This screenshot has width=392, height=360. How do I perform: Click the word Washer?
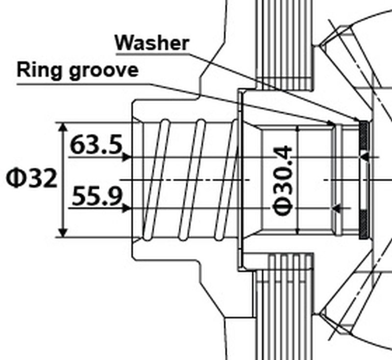click(x=152, y=43)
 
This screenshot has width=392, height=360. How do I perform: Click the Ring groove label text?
click(x=77, y=70)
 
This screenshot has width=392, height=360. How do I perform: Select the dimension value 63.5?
click(x=96, y=145)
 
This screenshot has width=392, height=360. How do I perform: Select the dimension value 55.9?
click(x=97, y=197)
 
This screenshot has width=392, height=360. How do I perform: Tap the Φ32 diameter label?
click(x=31, y=180)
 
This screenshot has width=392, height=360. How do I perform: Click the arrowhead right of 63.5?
click(x=127, y=157)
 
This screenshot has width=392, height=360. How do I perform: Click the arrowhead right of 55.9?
click(x=127, y=208)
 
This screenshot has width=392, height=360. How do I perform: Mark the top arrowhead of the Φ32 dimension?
click(x=63, y=127)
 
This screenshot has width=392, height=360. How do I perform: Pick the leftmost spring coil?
click(x=156, y=180)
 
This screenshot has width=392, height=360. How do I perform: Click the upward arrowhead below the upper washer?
click(x=363, y=155)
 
